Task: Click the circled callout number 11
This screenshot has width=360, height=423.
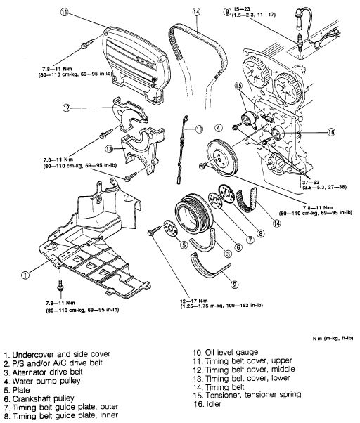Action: tap(65, 13)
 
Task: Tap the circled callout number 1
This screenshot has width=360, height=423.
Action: tap(25, 275)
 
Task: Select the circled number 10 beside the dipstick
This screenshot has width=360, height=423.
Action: tap(199, 129)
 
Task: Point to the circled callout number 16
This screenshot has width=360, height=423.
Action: tap(331, 132)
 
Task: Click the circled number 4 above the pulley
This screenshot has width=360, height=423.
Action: tap(219, 128)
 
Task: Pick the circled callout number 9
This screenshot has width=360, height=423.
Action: tap(227, 12)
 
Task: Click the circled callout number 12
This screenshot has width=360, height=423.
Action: tap(66, 108)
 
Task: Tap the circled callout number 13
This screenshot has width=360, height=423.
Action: tap(109, 149)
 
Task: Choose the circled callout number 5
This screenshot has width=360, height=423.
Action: tap(184, 245)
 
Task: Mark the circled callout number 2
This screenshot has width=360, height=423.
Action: tap(234, 285)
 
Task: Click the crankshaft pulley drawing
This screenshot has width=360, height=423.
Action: tap(194, 215)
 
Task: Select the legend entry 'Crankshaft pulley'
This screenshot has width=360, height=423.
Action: tap(43, 398)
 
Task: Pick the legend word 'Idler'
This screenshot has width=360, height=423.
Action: tap(213, 404)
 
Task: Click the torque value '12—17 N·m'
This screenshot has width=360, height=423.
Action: tap(194, 301)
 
